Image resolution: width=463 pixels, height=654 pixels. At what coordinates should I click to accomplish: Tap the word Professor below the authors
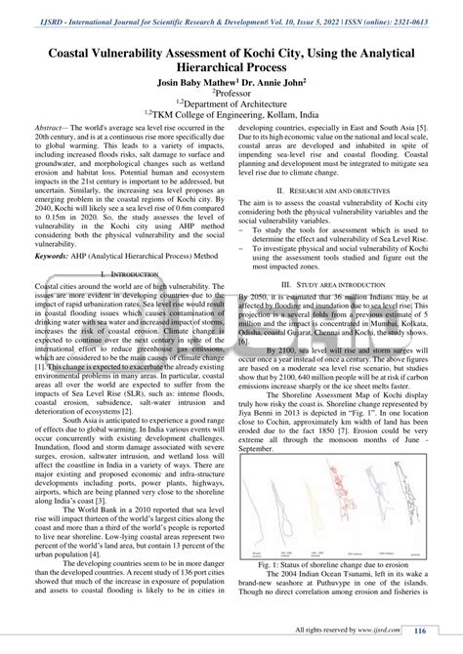click(232, 100)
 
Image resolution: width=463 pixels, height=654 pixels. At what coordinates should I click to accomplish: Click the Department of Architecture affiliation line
click(231, 113)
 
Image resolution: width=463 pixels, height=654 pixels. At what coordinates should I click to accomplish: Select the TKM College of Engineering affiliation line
click(231, 127)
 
